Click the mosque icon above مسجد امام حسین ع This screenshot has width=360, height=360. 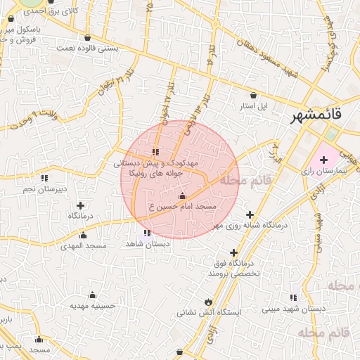pos(183,195)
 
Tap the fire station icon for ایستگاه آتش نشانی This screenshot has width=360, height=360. pos(207,300)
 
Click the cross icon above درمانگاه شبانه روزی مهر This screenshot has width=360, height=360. pos(249,215)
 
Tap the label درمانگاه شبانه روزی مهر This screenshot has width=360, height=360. pos(242,226)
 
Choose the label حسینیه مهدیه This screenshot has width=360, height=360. pos(92,306)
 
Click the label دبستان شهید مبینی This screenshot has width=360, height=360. pos(294,308)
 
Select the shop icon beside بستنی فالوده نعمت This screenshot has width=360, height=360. pos(86,38)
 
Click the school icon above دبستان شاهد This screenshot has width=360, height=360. pos(147,233)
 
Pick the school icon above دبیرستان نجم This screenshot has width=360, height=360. pos(44,178)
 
